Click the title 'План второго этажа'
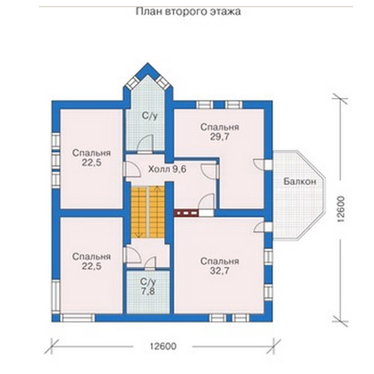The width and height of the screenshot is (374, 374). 188,12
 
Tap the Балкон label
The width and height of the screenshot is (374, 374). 300,181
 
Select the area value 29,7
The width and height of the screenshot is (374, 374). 220,137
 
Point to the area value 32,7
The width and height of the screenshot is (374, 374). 220,271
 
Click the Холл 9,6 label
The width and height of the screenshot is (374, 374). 168,169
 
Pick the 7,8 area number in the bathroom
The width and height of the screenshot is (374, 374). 148,291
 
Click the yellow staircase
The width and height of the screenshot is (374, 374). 148,212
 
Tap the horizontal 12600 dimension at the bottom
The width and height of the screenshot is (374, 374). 163,346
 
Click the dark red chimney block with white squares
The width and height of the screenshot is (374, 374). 186,213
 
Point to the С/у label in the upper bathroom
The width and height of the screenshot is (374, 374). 150,116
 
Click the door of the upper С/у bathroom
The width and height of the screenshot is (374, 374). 145,144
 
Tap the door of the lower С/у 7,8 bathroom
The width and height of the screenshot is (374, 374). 150,263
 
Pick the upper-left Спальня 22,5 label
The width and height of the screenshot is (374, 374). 91,158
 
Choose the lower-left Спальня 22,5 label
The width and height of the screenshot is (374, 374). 91,261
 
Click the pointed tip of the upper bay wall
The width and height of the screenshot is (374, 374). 148,63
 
